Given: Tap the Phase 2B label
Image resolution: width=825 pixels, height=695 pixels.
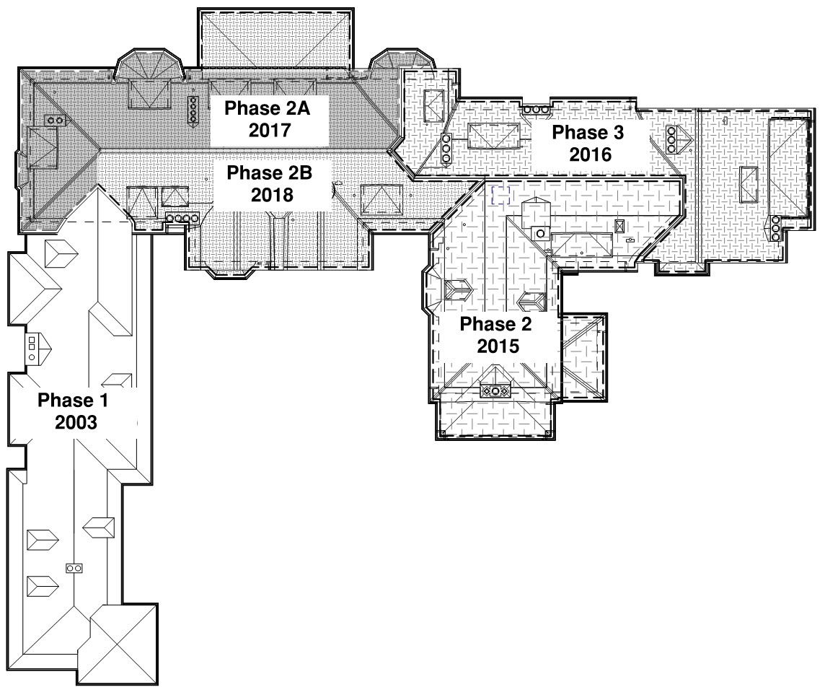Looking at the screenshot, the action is tap(268, 173).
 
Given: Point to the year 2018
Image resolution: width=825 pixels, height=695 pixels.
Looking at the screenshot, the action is tap(268, 195).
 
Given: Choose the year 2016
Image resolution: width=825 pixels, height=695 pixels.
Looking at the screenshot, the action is tap(590, 154).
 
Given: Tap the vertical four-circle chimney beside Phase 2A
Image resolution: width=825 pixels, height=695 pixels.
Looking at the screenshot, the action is tap(193, 111).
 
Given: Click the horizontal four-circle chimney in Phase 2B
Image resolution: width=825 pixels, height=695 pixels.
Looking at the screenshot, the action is tap(181, 218).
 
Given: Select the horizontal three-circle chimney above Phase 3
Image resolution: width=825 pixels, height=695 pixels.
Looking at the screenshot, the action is tap(537, 109).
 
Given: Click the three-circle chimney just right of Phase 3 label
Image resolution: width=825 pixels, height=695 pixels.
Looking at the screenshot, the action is tap(671, 139).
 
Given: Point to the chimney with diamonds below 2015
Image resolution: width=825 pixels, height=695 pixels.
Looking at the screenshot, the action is tap(496, 391).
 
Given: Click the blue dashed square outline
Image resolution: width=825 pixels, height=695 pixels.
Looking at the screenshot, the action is tap(500, 193).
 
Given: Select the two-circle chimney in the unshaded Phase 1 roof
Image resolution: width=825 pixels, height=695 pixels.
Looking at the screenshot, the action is tap(73, 569).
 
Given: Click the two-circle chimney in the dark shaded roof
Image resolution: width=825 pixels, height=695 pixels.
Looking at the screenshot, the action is tap(54, 120).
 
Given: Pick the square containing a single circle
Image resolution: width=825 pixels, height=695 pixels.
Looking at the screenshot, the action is tap(538, 232).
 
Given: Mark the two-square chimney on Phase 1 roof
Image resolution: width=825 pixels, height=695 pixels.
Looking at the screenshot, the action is tap(32, 348).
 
